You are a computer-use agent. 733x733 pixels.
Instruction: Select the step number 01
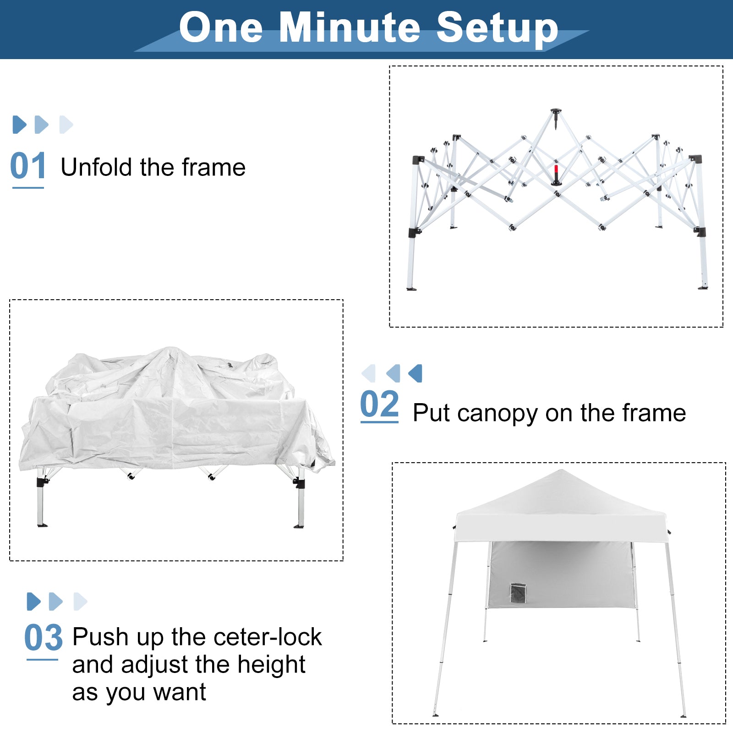(28, 166)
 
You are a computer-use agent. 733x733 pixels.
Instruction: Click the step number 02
(379, 404)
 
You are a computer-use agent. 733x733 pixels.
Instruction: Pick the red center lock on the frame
(556, 173)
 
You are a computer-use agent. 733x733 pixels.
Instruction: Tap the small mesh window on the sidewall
(518, 593)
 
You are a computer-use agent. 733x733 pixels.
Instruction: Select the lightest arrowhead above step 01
(66, 125)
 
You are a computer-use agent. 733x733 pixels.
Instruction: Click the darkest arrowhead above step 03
(34, 602)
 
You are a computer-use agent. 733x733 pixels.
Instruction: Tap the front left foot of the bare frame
(411, 289)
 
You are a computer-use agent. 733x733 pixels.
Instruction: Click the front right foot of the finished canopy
(683, 715)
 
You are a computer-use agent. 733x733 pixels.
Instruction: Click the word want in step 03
(180, 693)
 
